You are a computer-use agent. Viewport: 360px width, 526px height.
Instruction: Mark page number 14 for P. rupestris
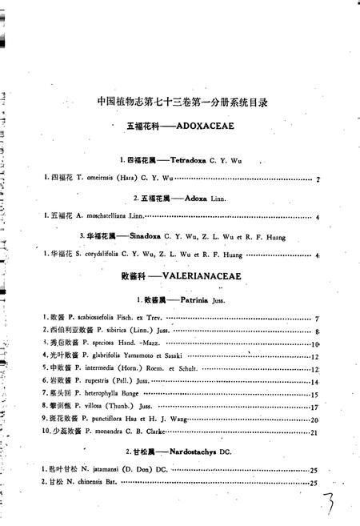click(314, 382)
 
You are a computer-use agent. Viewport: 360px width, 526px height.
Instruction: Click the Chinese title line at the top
click(182, 102)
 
